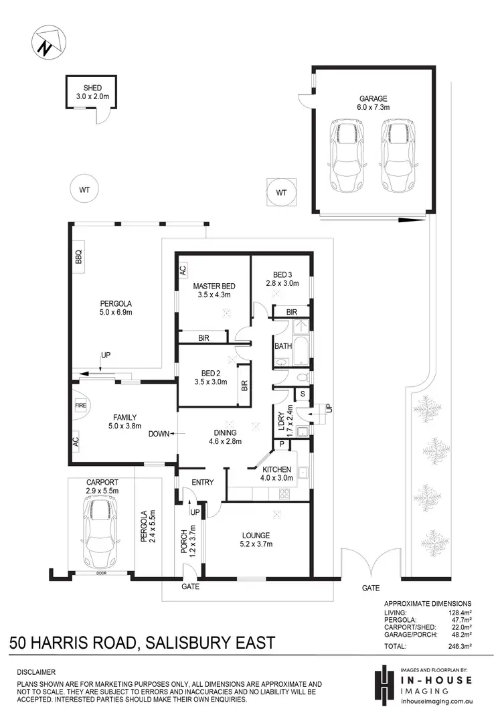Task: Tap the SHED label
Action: tap(92, 88)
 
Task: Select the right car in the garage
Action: tap(395, 157)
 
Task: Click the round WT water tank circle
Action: tap(84, 190)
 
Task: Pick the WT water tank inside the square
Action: tap(281, 193)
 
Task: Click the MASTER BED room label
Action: tap(214, 286)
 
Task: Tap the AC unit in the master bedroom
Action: tap(182, 270)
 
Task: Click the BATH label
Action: tap(282, 346)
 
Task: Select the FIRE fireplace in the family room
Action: tap(78, 406)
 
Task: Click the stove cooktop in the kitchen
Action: tap(283, 495)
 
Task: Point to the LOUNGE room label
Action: tap(256, 535)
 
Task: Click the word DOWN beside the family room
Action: tap(159, 434)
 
